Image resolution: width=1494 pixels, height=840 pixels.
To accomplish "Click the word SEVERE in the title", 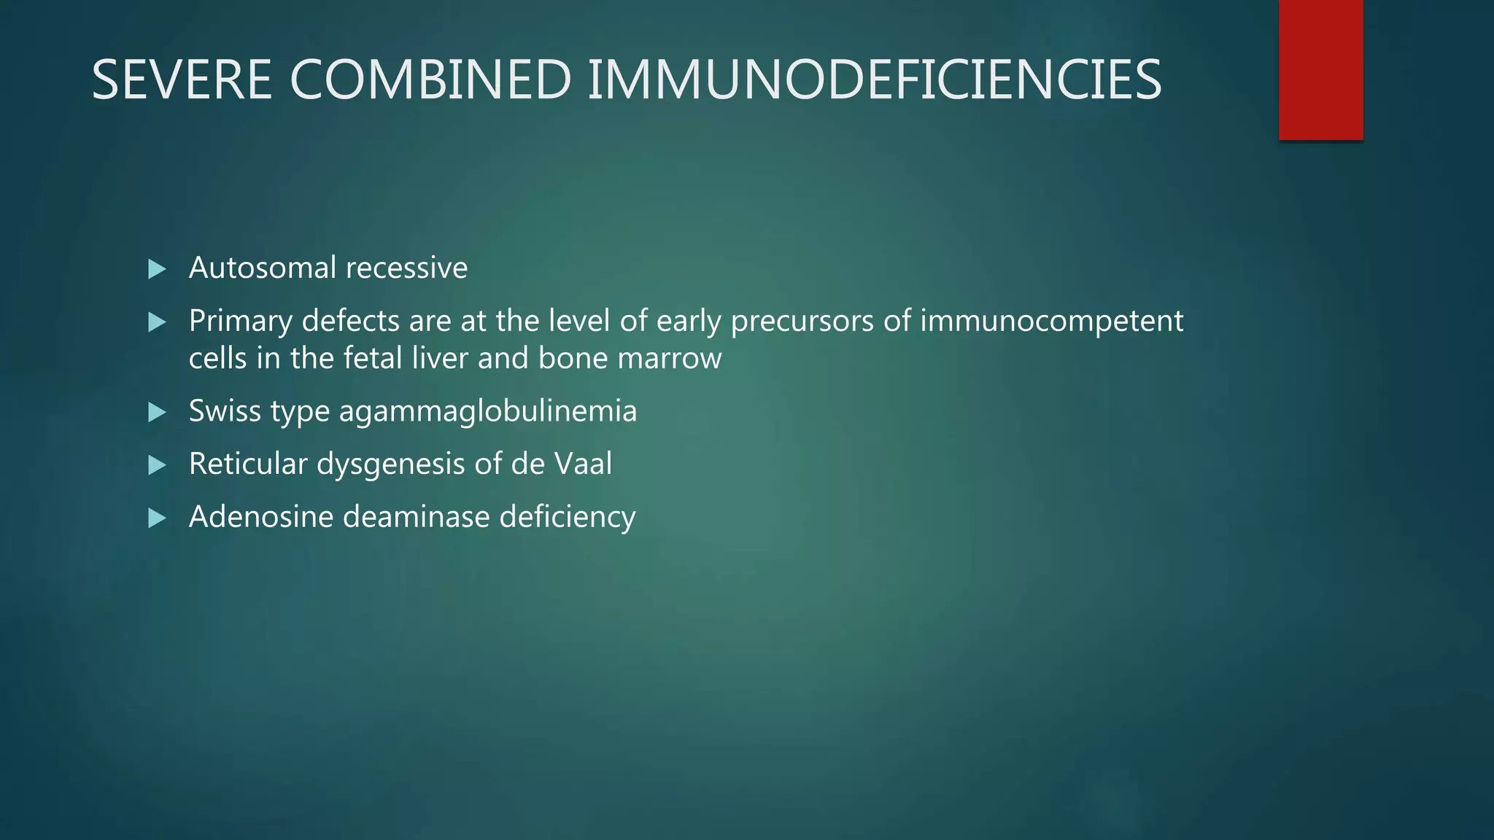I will pyautogui.click(x=182, y=79).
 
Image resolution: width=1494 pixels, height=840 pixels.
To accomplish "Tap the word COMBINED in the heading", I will pyautogui.click(x=430, y=79).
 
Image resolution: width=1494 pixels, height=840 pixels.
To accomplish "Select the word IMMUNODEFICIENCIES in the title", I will pyautogui.click(x=874, y=79).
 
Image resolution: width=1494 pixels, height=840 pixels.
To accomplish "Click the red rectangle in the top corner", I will pyautogui.click(x=1320, y=69).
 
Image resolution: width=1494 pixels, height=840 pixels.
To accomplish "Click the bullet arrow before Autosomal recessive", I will pyautogui.click(x=157, y=269).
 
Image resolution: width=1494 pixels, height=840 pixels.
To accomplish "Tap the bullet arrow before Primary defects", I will pyautogui.click(x=157, y=322).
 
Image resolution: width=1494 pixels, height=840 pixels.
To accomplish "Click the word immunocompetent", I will pyautogui.click(x=1051, y=322).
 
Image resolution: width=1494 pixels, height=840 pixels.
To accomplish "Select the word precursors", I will pyautogui.click(x=802, y=322).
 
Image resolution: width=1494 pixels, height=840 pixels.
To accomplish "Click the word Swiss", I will pyautogui.click(x=225, y=411).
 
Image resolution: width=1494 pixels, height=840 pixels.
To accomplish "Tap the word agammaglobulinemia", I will pyautogui.click(x=487, y=411).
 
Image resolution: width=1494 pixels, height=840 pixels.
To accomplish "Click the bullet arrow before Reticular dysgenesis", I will pyautogui.click(x=157, y=465).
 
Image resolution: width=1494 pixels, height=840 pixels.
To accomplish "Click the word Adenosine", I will pyautogui.click(x=260, y=517).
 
